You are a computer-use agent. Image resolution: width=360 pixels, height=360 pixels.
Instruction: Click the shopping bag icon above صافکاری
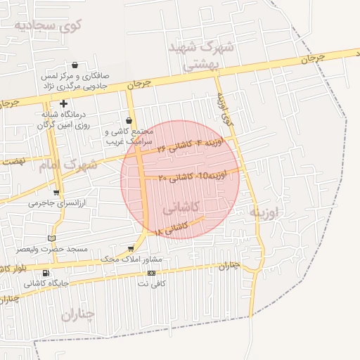pos(75,65)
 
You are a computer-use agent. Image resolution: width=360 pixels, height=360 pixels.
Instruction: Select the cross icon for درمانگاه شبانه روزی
pos(63,103)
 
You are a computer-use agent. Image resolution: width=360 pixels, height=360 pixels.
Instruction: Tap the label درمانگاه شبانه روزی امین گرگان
pos(63,119)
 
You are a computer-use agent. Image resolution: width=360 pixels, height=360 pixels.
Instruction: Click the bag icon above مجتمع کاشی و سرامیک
pos(128,120)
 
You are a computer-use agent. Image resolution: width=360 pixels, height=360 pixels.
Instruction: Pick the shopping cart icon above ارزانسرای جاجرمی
pos(56,192)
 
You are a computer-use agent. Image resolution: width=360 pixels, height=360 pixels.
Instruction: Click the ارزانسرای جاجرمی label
pos(56,202)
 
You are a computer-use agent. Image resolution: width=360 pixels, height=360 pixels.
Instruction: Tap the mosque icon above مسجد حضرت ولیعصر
pos(51,238)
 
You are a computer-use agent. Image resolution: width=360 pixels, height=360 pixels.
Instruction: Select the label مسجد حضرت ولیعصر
pos(53,250)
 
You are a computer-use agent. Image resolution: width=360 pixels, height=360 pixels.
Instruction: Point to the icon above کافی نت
pos(151,273)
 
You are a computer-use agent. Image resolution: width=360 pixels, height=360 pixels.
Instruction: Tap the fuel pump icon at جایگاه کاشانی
pos(46,273)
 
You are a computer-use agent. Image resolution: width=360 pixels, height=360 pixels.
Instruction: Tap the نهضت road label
pos(13,160)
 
